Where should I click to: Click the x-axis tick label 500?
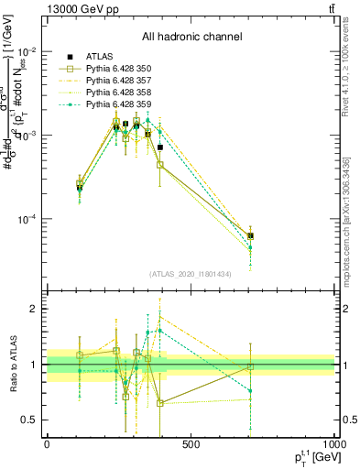tap(191, 444)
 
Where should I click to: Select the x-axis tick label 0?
tap(47, 444)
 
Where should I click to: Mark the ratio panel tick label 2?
tap(33, 310)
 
